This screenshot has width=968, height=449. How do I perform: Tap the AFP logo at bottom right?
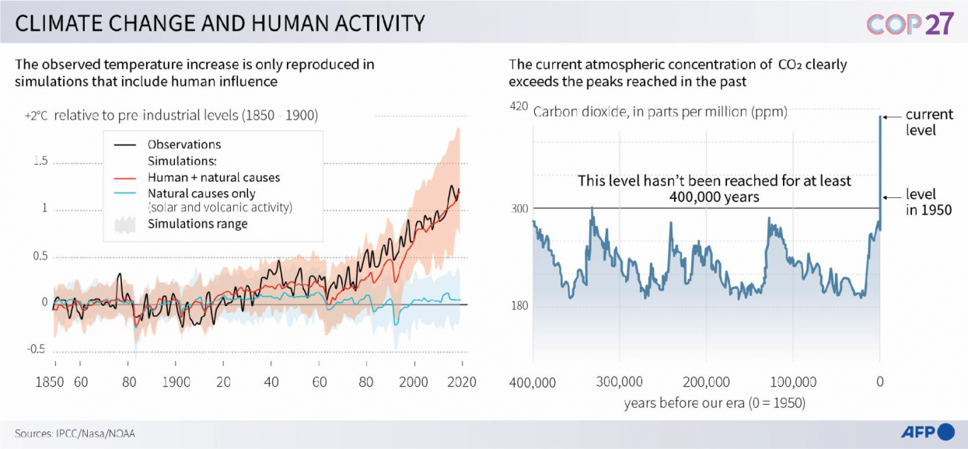tap(927, 432)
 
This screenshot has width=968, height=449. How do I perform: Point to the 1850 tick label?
tap(54, 382)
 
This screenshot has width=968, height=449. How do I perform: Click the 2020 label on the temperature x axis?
tap(462, 382)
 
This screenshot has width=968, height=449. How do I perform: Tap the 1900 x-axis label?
tap(176, 382)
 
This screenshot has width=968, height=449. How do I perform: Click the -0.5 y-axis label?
tap(37, 349)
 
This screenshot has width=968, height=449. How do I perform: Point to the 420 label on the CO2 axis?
tap(519, 107)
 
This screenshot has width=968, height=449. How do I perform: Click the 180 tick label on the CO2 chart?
tap(519, 306)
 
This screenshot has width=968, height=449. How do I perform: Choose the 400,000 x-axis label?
tap(533, 382)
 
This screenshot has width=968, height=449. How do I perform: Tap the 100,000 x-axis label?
tap(793, 382)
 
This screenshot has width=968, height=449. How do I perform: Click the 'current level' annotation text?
tap(928, 122)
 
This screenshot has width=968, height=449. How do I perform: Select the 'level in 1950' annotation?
tap(928, 202)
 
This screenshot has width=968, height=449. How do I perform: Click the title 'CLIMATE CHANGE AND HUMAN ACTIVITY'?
tap(220, 23)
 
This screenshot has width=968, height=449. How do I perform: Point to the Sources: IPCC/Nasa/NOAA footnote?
tap(69, 433)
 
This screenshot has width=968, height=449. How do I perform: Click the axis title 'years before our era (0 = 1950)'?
tap(714, 403)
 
